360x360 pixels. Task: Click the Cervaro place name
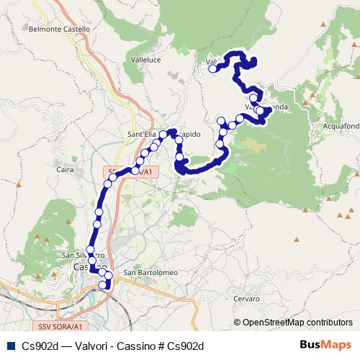tap(247, 297)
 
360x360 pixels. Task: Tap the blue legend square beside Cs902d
tap(9, 346)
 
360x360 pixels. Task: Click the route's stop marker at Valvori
tap(213, 70)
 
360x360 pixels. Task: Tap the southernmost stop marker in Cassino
tap(102, 285)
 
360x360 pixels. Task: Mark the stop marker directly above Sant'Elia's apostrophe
tap(163, 135)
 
